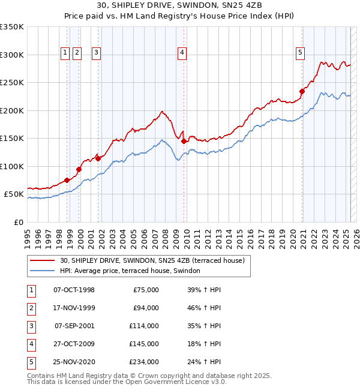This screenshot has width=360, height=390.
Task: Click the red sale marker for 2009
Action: (x=184, y=141)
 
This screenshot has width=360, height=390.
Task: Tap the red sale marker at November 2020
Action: (x=302, y=92)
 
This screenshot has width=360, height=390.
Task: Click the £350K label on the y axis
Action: (x=12, y=27)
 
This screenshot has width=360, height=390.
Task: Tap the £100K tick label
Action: (x=12, y=166)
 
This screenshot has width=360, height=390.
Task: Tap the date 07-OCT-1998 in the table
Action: (x=74, y=290)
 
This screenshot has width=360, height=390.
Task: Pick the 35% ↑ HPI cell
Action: (x=204, y=326)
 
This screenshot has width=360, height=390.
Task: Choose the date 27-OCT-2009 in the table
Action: (x=74, y=344)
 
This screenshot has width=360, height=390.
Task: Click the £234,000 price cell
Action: (x=144, y=362)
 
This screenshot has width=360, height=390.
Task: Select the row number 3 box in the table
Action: (x=31, y=326)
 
